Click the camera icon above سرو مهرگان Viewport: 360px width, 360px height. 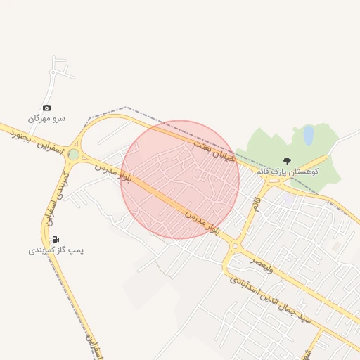click(x=46, y=108)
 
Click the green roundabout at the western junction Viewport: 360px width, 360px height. click(x=74, y=154)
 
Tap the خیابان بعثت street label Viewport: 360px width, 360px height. click(x=210, y=150)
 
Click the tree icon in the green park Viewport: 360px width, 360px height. click(x=286, y=161)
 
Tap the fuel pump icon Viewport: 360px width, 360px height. click(x=56, y=239)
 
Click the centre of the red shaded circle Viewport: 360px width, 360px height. click(x=180, y=179)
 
